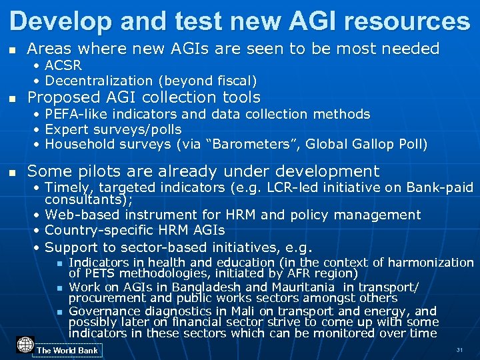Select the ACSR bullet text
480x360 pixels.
click(63, 66)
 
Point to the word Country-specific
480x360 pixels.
click(96, 230)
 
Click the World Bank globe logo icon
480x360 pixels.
click(25, 345)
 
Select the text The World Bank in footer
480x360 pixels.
click(67, 351)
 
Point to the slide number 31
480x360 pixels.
click(459, 350)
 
